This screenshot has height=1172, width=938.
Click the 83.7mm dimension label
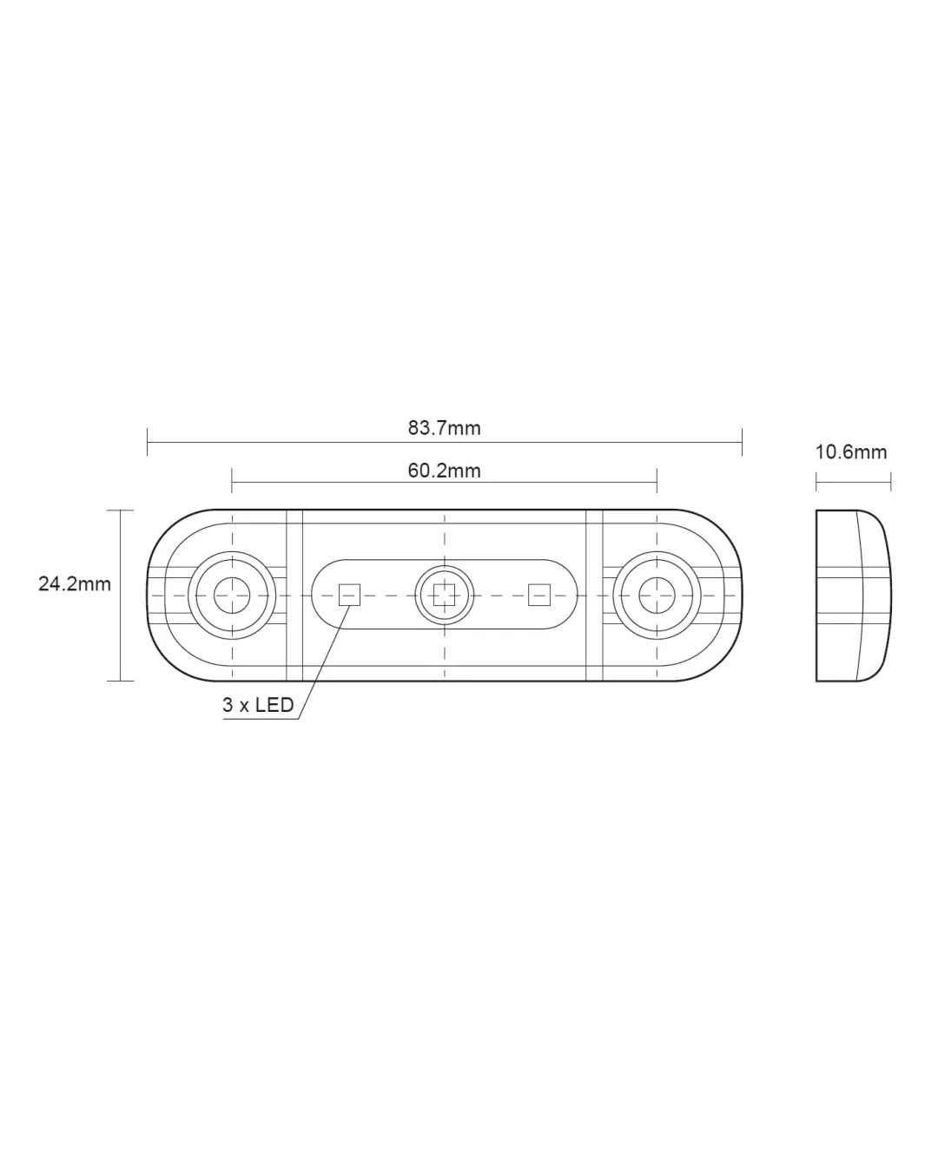pos(444,428)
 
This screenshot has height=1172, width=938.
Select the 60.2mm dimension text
pos(444,471)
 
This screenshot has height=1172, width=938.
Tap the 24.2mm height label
pos(75,583)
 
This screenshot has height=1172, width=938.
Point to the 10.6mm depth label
pos(851,452)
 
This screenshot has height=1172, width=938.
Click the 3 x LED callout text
pos(258,705)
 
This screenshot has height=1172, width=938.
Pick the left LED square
pos(349,595)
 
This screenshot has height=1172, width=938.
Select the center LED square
pos(444,595)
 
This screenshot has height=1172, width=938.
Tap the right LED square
pos(539,595)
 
